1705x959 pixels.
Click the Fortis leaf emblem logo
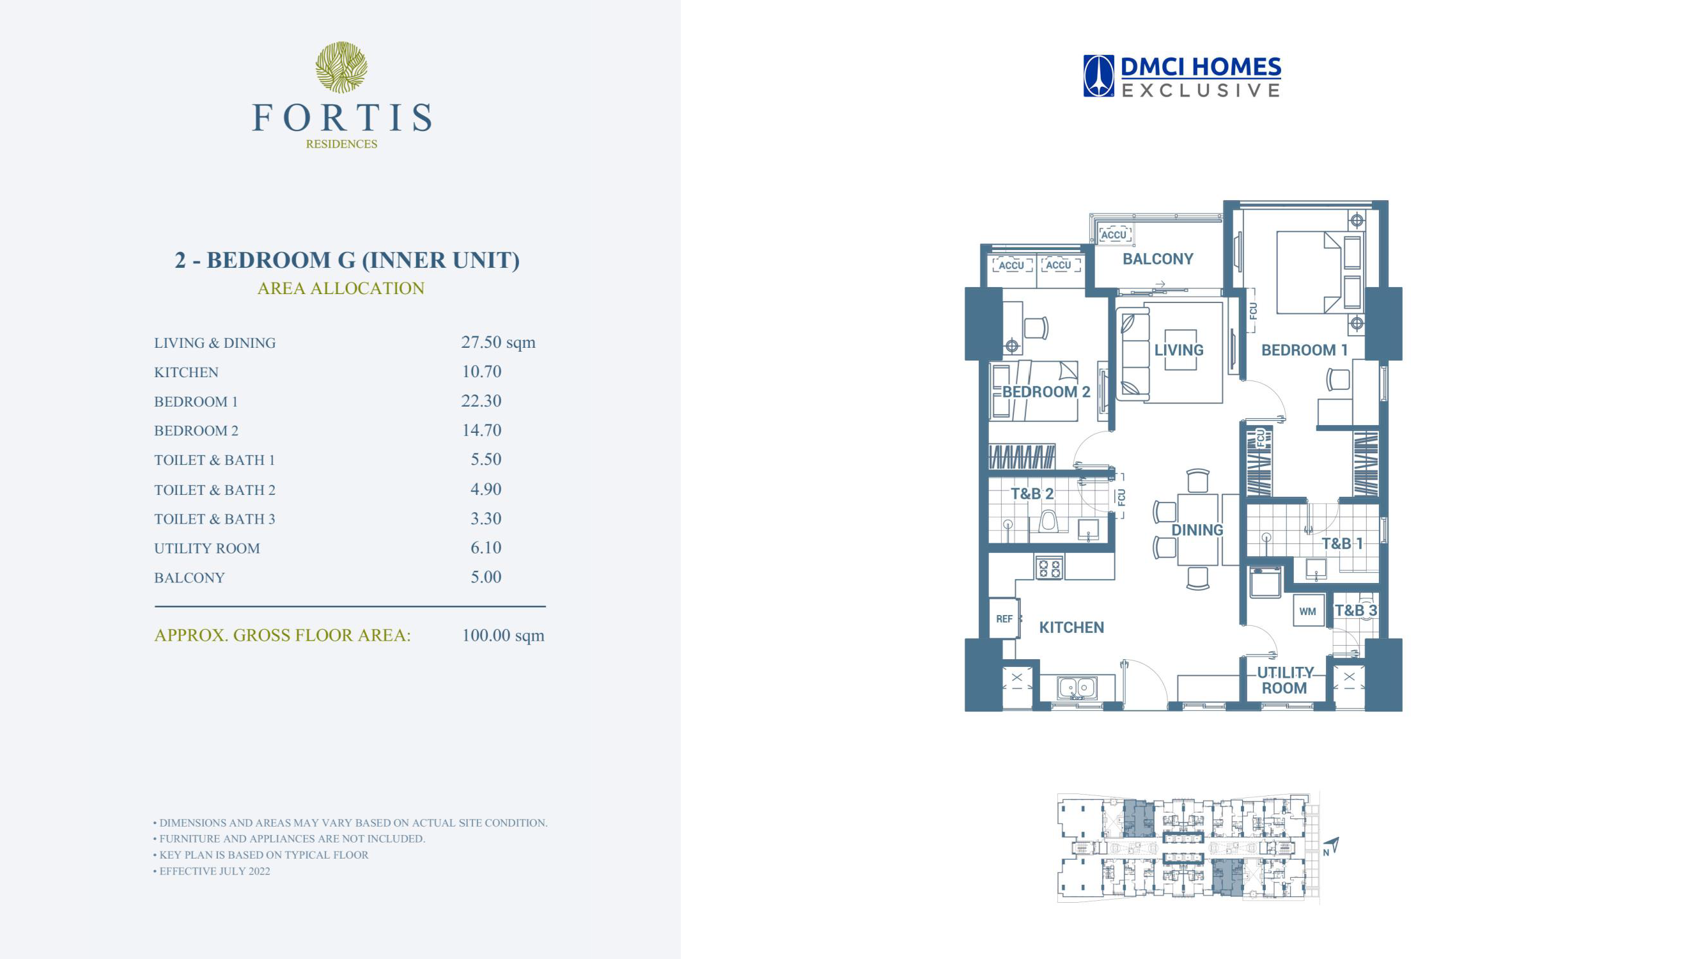coord(341,67)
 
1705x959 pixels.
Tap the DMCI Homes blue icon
coord(1098,75)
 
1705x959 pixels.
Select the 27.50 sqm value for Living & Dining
coord(498,342)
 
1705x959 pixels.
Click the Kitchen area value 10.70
coord(481,371)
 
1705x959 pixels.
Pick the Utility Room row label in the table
coord(206,548)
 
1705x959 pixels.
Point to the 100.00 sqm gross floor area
coord(502,635)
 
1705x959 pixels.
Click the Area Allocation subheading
coord(340,288)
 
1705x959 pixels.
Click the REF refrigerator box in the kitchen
coord(1004,619)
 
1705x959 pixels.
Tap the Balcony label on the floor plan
coord(1158,259)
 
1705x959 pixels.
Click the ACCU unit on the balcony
coord(1113,235)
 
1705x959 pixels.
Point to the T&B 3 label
coord(1355,610)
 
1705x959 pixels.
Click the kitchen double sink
coord(1076,688)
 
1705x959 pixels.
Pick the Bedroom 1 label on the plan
coord(1304,350)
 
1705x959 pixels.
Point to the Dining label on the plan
coord(1197,530)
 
